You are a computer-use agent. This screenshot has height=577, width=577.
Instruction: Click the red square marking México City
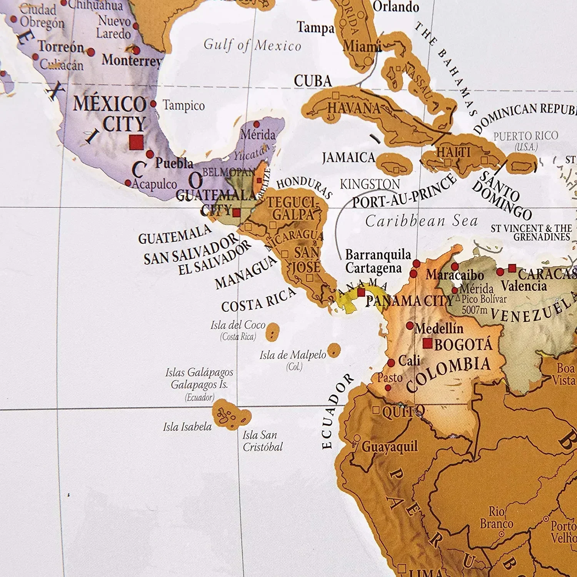tap(136, 142)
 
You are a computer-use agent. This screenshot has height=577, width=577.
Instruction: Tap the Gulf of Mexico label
tap(252, 45)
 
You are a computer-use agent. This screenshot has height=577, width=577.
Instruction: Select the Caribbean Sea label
tap(421, 221)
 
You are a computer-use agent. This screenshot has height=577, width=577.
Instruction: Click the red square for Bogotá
tap(427, 343)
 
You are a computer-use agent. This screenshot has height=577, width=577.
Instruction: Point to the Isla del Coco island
tap(272, 331)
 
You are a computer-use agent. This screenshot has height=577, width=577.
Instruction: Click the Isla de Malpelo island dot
tap(334, 350)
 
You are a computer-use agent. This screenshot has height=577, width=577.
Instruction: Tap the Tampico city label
tap(183, 105)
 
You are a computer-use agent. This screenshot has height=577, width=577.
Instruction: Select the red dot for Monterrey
tap(136, 50)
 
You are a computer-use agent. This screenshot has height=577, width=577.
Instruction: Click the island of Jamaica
tap(394, 163)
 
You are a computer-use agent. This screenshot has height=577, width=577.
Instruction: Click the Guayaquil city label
tap(389, 447)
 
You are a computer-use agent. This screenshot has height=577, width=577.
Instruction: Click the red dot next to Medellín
tap(410, 326)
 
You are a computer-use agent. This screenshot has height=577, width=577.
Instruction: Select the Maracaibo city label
tap(455, 275)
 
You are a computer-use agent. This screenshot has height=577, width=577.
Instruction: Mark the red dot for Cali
tap(391, 363)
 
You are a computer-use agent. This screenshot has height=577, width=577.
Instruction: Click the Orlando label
tap(396, 7)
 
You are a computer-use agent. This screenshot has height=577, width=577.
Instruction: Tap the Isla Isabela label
tap(187, 427)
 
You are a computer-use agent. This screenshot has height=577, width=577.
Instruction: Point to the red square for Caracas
tap(512, 268)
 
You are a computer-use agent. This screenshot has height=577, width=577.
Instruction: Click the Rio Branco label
tap(496, 518)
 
